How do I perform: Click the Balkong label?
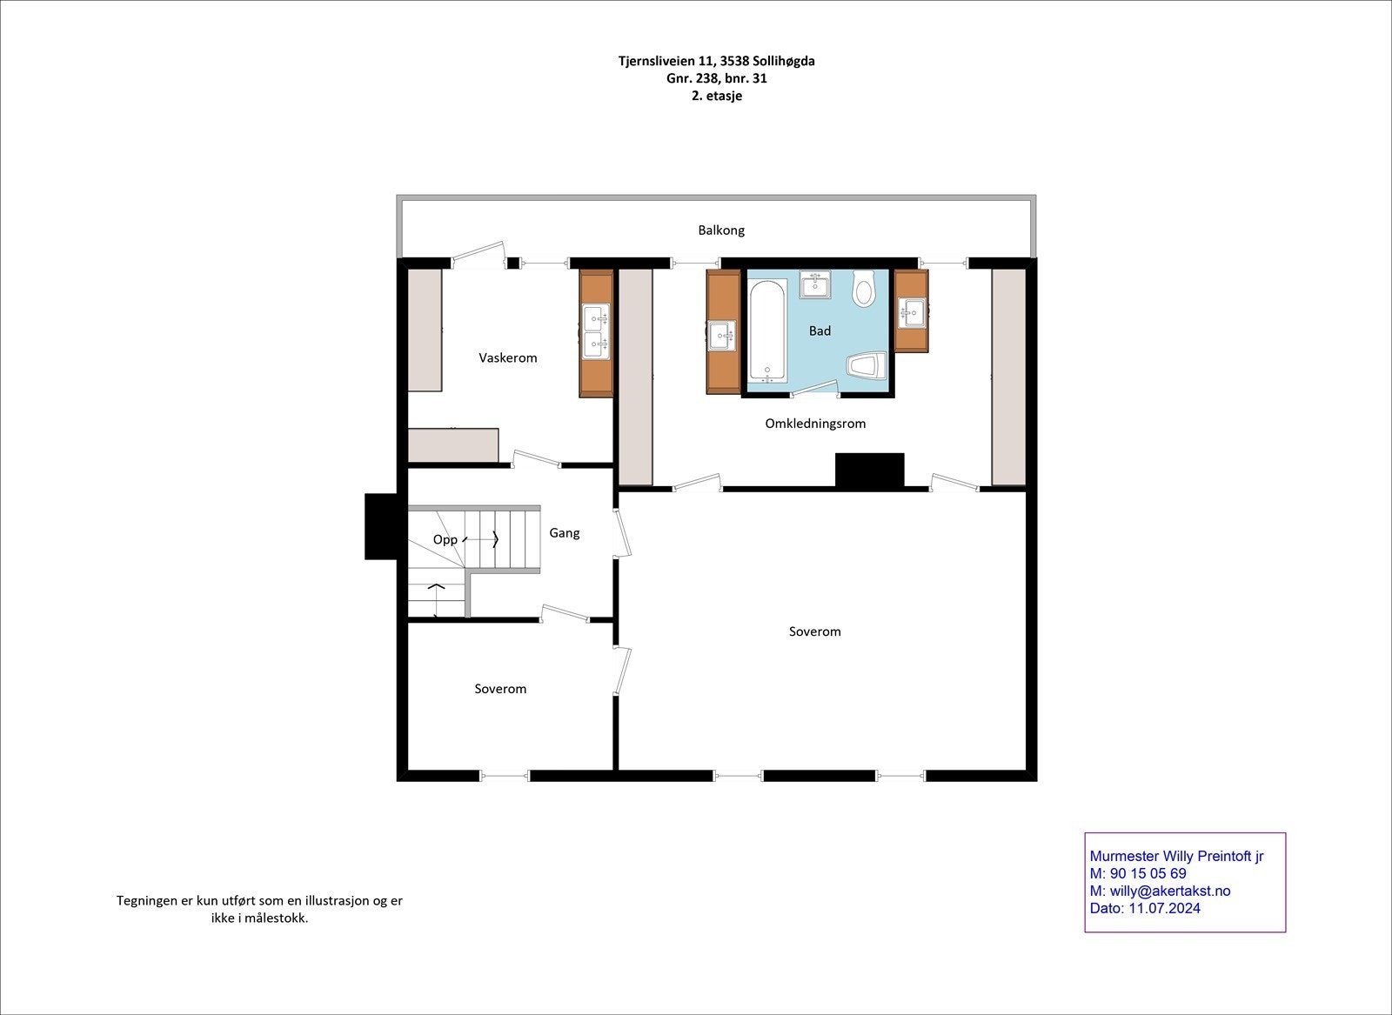pos(721,230)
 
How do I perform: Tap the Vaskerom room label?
pos(508,357)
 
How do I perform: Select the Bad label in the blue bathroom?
pos(820,331)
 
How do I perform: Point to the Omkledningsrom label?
pos(815,424)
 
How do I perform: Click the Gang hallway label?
pos(565,533)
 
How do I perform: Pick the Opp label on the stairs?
pos(445,540)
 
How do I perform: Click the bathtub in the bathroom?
pos(768,331)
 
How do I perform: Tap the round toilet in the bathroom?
pos(863,288)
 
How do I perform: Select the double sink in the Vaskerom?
pos(595,331)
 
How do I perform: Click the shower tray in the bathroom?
pos(867,365)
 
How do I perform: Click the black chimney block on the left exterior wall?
pos(381,527)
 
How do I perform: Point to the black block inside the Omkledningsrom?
pos(869,471)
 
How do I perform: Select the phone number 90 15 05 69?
pos(1148,873)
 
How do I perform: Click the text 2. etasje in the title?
pos(717,96)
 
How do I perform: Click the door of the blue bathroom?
pos(814,391)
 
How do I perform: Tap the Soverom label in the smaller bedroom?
pos(500,689)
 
